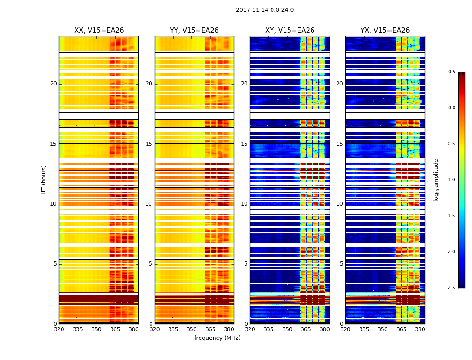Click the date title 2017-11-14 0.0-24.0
(264, 10)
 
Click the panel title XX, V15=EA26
(99, 31)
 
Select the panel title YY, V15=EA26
(194, 31)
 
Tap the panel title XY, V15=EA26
(289, 31)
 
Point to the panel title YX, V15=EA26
(385, 31)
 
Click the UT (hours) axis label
(44, 180)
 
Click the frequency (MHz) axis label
(217, 338)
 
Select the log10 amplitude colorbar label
(436, 180)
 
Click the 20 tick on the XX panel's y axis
(53, 84)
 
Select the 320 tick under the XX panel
(59, 329)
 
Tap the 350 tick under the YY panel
(191, 329)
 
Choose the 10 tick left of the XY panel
(244, 204)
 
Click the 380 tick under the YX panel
(420, 329)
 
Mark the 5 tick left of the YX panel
(341, 264)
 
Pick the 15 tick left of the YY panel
(149, 144)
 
